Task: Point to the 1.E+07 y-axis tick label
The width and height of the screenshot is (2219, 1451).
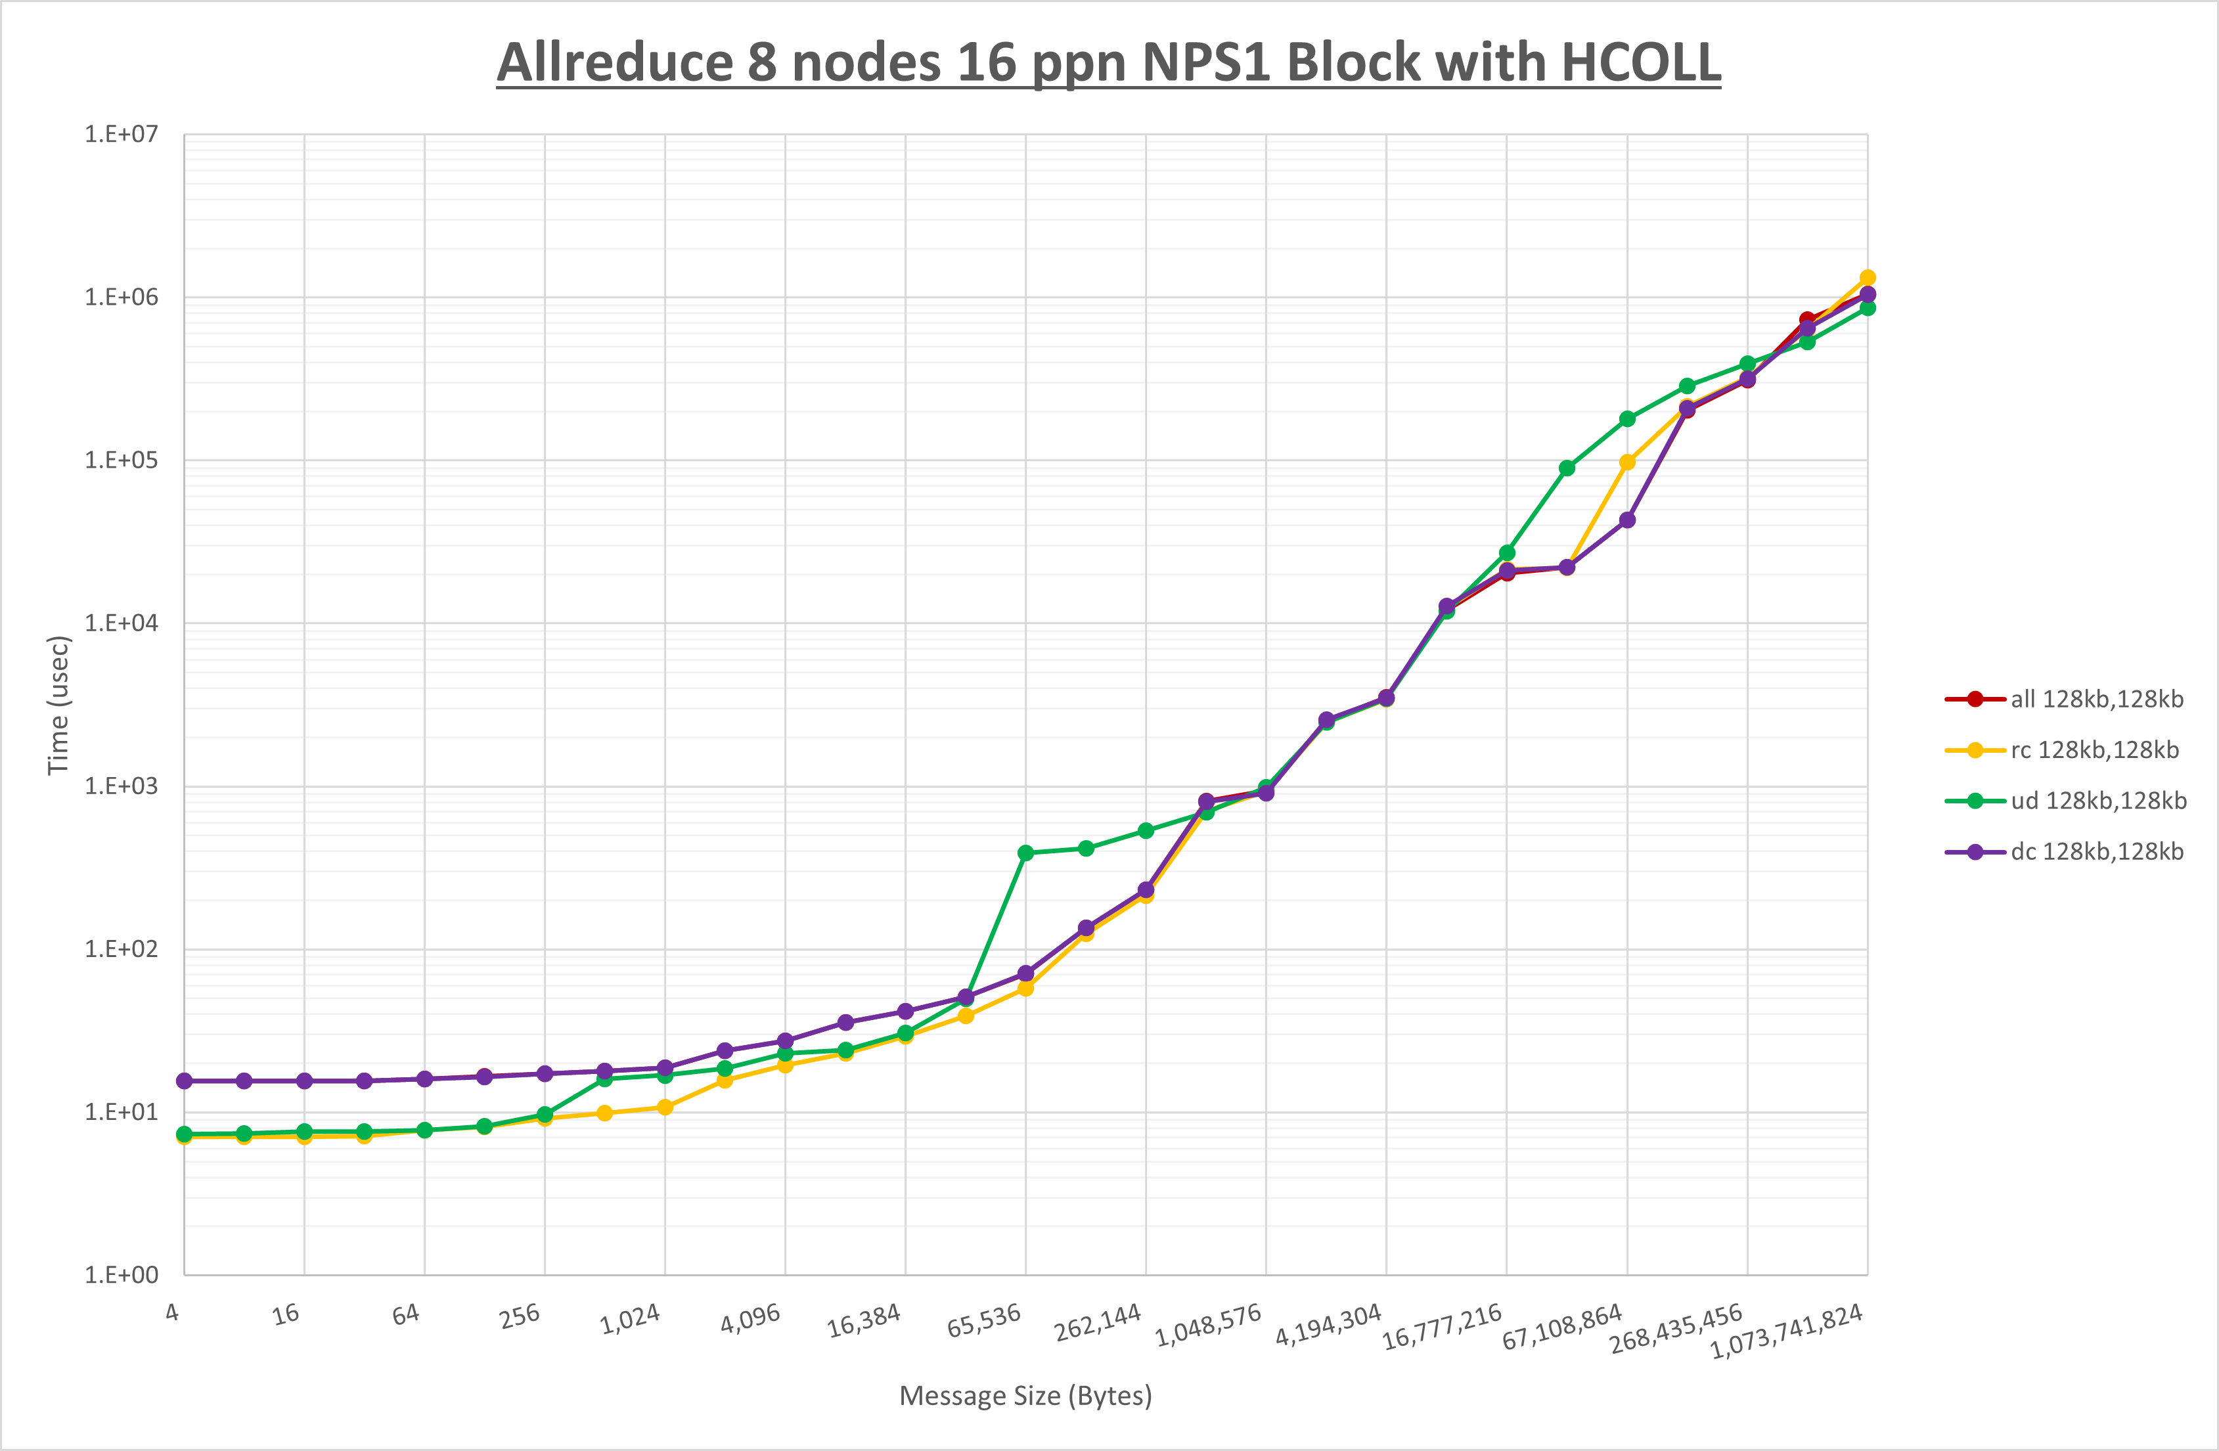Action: (122, 134)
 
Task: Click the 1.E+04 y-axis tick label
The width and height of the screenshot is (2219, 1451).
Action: (122, 623)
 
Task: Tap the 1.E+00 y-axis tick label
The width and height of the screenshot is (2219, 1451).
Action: (122, 1275)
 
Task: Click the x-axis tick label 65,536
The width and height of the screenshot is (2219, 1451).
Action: (983, 1320)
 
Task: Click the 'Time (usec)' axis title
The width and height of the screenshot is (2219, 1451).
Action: (58, 704)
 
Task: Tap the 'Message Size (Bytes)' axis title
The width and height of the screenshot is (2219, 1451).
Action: (1025, 1396)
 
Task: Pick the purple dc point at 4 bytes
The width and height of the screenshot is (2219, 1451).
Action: (185, 1081)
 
